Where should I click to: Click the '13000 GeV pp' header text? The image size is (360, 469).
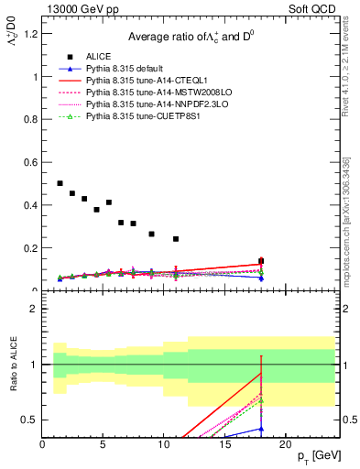tap(80, 8)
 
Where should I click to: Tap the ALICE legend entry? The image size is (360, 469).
tap(99, 57)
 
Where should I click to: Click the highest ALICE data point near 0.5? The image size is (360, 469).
tap(60, 183)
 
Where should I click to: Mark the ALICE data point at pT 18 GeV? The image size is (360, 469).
tap(261, 261)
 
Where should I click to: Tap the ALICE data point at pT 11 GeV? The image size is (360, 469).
tap(176, 239)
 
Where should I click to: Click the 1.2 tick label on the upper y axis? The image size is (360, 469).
tap(30, 34)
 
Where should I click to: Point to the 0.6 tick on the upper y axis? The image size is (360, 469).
tap(30, 162)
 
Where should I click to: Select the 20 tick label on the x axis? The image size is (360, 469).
tap(285, 445)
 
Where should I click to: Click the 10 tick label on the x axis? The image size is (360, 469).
tap(163, 445)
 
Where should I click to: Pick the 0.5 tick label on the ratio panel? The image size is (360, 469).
tap(29, 420)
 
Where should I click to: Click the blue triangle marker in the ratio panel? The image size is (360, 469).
tap(261, 429)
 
